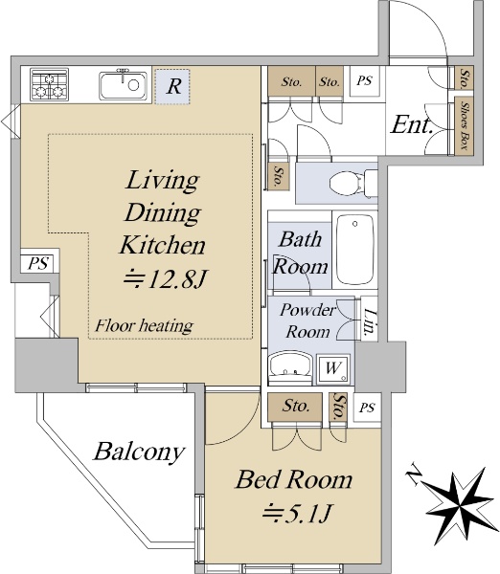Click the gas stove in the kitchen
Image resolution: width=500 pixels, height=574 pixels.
point(49,84)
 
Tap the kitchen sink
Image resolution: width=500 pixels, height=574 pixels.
point(123,85)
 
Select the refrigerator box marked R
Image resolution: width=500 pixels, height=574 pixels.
point(172,86)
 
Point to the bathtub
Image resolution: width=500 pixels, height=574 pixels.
point(354,250)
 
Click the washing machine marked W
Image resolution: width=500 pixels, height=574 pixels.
point(333,368)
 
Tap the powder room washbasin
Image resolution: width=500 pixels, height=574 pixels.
point(290,367)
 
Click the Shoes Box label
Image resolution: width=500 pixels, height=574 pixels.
point(464,125)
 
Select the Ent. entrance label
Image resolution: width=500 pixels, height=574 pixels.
point(412,124)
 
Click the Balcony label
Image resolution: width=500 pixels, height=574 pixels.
point(139,453)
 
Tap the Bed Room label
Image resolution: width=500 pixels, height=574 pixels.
point(294,479)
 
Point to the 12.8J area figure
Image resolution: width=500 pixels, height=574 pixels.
point(165,279)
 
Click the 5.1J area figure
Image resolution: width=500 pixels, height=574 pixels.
point(297,512)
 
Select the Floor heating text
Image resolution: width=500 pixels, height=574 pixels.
point(144,325)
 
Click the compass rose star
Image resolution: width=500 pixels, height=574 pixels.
point(460,505)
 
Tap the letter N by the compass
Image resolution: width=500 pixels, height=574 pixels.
point(414,475)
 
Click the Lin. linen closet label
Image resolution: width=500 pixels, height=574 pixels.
point(370,322)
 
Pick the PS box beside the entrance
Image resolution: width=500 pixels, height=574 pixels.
point(364,81)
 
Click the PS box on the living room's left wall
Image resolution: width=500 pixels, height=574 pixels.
point(38,263)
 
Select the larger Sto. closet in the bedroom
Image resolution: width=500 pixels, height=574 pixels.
point(295,407)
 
